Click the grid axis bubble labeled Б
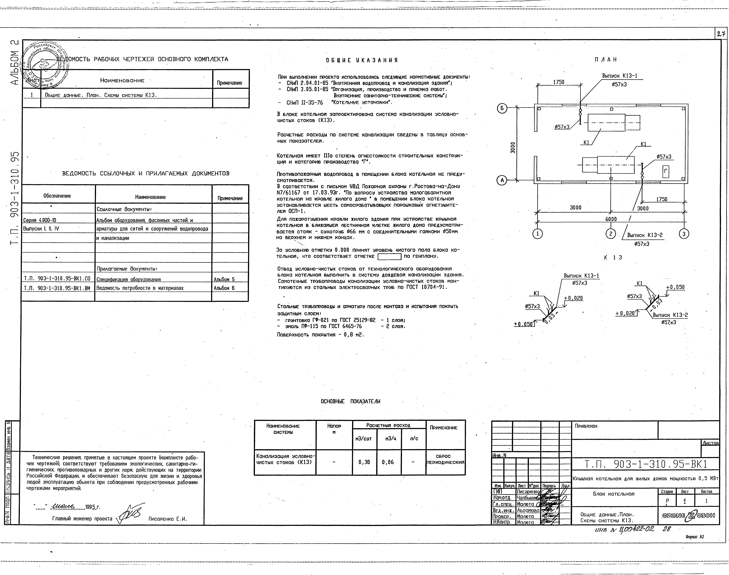pos(502,108)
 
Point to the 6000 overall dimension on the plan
pos(611,219)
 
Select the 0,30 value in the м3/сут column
pos(364,462)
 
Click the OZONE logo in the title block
pos(688,515)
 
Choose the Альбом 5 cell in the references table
pos(224,279)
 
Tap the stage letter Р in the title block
pos(667,501)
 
